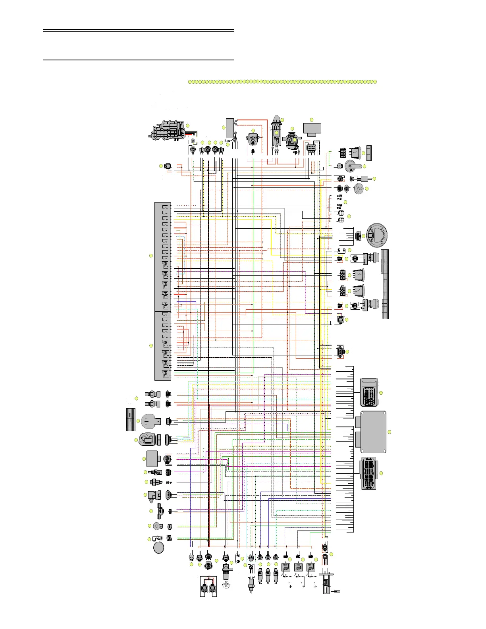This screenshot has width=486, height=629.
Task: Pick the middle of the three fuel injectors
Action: [x=268, y=575]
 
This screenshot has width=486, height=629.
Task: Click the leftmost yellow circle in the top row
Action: [x=190, y=82]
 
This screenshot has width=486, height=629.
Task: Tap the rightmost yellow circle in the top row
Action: [x=374, y=82]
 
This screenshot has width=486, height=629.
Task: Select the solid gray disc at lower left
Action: [x=159, y=548]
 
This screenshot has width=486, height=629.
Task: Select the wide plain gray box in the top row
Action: [x=312, y=128]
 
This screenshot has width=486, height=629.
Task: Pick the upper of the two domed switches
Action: [x=359, y=275]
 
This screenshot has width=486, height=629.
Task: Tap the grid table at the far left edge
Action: [x=131, y=419]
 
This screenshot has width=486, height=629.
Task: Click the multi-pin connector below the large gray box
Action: [x=370, y=474]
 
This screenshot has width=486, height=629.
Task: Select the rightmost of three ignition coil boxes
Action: [x=311, y=567]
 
